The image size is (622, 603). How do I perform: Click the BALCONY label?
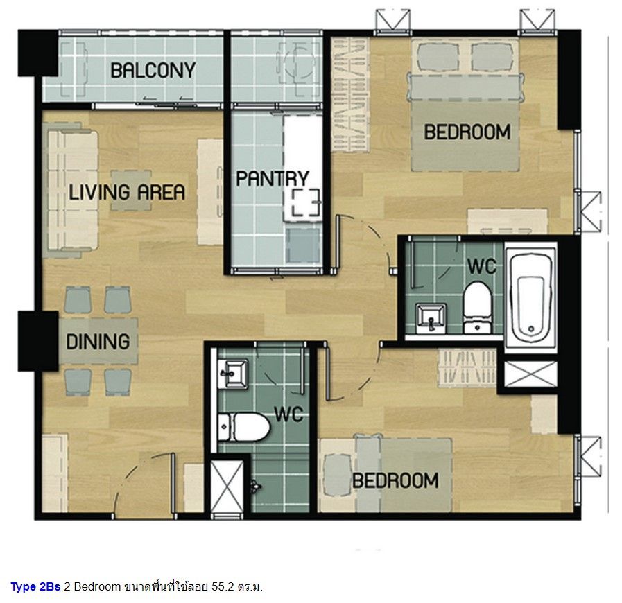153,71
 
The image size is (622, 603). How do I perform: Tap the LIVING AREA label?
127,192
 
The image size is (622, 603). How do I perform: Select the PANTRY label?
273,178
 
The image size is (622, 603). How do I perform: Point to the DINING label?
98,342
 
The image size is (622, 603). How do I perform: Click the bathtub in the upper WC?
530,297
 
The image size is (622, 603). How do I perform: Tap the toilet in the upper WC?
478,308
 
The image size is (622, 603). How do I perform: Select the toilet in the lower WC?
243,428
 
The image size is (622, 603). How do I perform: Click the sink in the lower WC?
233,374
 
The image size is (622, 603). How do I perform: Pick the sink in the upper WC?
431,318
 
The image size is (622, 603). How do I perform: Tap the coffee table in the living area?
131,191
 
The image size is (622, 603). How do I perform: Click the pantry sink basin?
302,245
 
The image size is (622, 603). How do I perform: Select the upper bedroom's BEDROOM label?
467,132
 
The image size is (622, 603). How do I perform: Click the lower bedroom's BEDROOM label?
395,480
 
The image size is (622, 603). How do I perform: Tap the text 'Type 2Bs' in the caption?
35,587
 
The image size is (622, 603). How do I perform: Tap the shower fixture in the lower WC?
255,486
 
